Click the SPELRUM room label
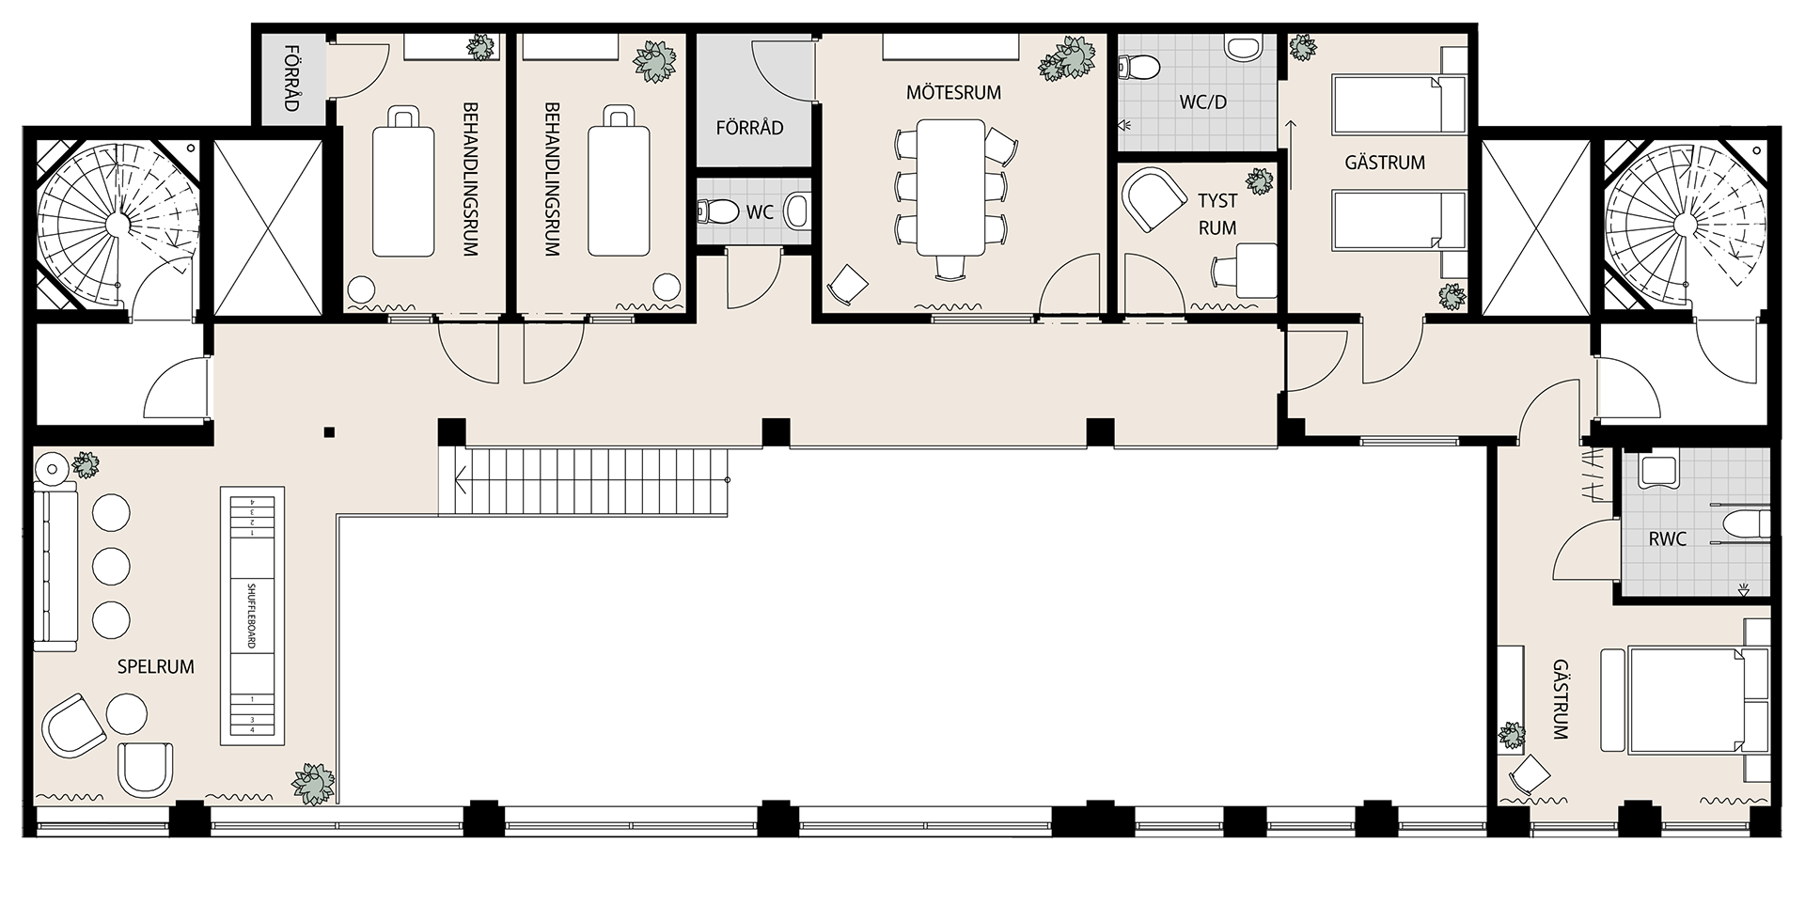coord(155,667)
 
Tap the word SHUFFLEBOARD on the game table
coord(252,616)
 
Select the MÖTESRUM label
coord(953,93)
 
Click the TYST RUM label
coord(1217,214)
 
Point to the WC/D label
coord(1203,102)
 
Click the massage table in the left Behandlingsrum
coord(404,183)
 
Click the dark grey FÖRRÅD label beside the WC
coord(749,128)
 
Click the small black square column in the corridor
coord(328,432)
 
